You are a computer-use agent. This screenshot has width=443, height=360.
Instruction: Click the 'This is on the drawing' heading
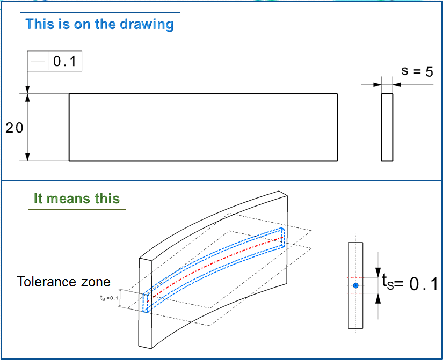(x=100, y=24)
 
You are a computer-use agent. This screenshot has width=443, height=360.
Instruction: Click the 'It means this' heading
(x=77, y=198)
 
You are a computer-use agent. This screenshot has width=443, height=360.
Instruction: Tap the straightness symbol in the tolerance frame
(x=38, y=61)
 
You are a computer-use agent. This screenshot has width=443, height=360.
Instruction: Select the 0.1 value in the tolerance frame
(x=64, y=61)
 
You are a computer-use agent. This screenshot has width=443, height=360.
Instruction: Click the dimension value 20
(x=14, y=128)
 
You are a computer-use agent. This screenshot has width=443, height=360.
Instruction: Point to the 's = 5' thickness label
(x=417, y=71)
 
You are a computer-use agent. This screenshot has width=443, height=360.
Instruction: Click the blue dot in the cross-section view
(x=355, y=285)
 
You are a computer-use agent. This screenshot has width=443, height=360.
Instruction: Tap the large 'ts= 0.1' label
(x=410, y=283)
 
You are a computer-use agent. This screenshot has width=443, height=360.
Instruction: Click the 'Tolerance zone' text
(x=63, y=282)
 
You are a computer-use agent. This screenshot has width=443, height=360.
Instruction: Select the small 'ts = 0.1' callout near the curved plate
(x=109, y=298)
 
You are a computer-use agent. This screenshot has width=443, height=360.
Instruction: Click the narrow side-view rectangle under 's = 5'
(x=387, y=127)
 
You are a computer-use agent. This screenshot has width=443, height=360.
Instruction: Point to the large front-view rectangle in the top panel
(x=203, y=127)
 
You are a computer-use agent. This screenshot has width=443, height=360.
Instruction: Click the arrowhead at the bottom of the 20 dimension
(x=27, y=157)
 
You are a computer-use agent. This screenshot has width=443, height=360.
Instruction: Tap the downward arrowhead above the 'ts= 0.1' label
(x=378, y=273)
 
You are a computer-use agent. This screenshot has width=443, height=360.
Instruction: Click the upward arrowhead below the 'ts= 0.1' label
(x=378, y=298)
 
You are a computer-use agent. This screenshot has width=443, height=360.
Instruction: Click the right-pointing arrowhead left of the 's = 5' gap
(x=377, y=84)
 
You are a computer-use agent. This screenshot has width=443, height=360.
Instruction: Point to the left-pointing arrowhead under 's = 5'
(x=397, y=84)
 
